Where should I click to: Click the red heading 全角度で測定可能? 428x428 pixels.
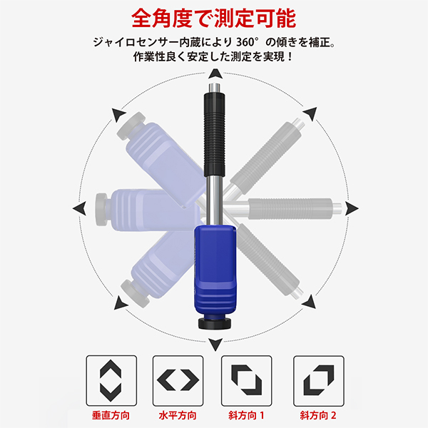pyautogui.click(x=214, y=19)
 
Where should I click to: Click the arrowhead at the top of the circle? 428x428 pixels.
pyautogui.click(x=215, y=74)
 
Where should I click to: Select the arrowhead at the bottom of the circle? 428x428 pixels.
pyautogui.click(x=215, y=345)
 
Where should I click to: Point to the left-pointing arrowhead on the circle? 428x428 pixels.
pyautogui.click(x=79, y=208)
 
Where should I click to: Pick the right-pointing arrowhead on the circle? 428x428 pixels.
pyautogui.click(x=352, y=208)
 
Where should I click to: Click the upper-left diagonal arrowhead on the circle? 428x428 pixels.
pyautogui.click(x=118, y=115)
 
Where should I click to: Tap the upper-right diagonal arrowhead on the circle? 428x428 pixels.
pyautogui.click(x=310, y=114)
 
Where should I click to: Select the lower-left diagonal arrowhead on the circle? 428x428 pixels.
pyautogui.click(x=120, y=303)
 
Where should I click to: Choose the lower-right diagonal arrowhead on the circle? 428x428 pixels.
pyautogui.click(x=310, y=302)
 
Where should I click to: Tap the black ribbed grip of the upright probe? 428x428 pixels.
pyautogui.click(x=215, y=135)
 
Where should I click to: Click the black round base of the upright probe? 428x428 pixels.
pyautogui.click(x=215, y=324)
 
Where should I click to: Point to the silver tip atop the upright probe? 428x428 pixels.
pyautogui.click(x=215, y=88)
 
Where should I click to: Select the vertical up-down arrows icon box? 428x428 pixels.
pyautogui.click(x=111, y=380)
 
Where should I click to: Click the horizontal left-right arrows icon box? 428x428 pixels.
pyautogui.click(x=178, y=380)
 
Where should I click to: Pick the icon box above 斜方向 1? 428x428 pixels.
pyautogui.click(x=247, y=380)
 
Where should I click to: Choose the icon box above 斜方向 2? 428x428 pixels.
pyautogui.click(x=319, y=380)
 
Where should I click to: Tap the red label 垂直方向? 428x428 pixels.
pyautogui.click(x=111, y=415)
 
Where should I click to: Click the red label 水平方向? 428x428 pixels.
pyautogui.click(x=178, y=415)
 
